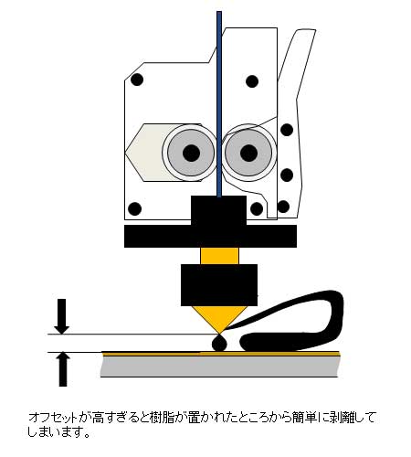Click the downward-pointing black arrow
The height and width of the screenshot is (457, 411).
pos(62,316)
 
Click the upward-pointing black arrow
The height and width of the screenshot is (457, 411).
pos(62,369)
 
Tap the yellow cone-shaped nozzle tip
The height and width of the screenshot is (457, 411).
pos(219,319)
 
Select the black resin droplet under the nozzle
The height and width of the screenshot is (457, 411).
pos(219,343)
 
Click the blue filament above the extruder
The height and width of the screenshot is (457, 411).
pos(219,103)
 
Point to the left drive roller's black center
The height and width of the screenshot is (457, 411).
pos(191,153)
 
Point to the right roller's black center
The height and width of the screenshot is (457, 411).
pos(248,153)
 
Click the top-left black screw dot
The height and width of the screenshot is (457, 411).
pos(137,80)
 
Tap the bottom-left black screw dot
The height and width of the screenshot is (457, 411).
pos(135,208)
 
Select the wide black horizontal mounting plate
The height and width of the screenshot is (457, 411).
pos(210,236)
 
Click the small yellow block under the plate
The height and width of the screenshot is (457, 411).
pos(219,256)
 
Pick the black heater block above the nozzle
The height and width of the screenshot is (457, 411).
pos(219,285)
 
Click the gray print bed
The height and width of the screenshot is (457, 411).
pos(220,367)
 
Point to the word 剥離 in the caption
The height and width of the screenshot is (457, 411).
pos(336,417)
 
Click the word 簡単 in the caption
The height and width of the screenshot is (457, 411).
pos(291,417)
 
